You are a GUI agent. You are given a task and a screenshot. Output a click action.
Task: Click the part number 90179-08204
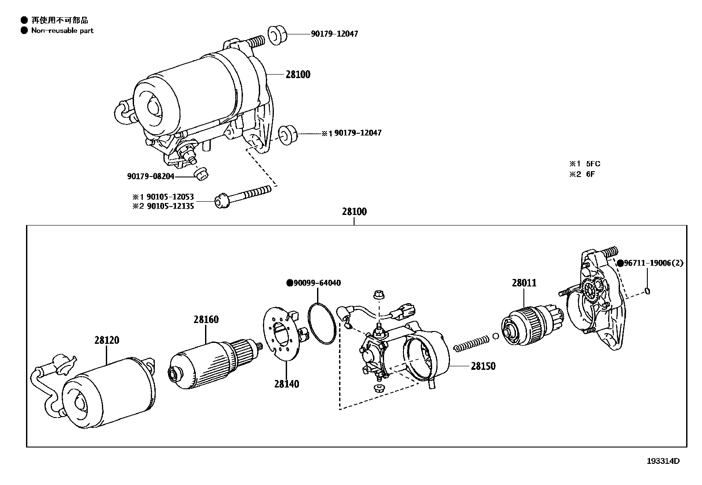[x=151, y=177]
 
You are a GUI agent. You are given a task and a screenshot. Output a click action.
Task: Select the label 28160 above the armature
[x=206, y=320]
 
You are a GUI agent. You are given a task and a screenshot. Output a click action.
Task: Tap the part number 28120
[x=107, y=340]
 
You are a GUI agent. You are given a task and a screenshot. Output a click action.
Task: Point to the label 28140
[x=287, y=384]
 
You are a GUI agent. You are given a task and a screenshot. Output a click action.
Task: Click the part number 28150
[x=483, y=366]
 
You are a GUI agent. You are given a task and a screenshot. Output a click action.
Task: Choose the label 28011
[x=524, y=283]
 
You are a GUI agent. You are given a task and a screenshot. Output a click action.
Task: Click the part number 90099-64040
[x=317, y=283]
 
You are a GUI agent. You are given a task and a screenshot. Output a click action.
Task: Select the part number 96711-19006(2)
[x=653, y=263]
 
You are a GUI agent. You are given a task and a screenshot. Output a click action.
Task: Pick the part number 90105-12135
[x=171, y=207]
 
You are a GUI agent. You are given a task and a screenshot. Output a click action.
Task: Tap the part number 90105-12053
[x=171, y=197]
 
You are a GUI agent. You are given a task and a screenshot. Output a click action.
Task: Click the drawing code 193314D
[x=663, y=461]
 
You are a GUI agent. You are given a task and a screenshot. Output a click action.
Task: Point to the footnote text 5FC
[x=593, y=164]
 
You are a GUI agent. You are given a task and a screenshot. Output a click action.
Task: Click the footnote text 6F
[x=590, y=174]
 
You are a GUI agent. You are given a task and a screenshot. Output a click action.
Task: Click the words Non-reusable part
[x=62, y=30]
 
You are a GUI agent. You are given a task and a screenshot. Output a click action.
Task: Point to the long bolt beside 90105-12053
[x=243, y=196]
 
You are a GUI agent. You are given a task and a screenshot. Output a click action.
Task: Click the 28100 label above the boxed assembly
[x=354, y=212]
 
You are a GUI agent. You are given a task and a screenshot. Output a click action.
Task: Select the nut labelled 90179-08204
[x=202, y=174]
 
